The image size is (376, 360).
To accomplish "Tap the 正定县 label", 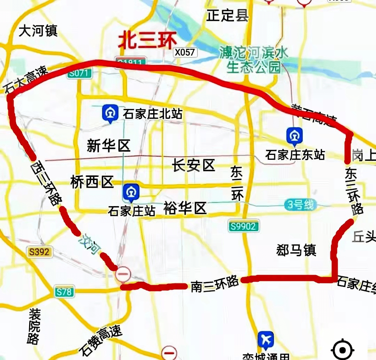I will click(227, 15).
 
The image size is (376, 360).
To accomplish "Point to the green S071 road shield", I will click(80, 73).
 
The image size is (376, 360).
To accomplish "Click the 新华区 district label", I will click(108, 146).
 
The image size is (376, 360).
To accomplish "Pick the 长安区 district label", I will click(194, 165).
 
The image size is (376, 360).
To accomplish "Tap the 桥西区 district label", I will click(92, 182).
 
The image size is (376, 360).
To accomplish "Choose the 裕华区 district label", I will click(185, 208).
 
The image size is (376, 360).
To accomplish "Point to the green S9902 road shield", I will click(244, 227).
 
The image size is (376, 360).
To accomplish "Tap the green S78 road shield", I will click(65, 291).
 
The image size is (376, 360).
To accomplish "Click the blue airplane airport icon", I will click(266, 339).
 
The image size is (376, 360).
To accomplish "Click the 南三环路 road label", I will click(214, 283).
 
